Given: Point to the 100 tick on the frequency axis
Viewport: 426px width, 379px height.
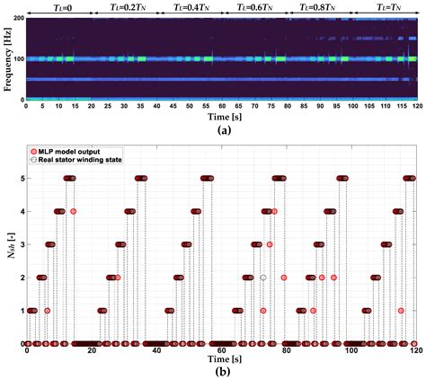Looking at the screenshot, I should click(17, 58).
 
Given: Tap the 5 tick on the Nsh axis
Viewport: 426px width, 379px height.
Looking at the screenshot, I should click(21, 178).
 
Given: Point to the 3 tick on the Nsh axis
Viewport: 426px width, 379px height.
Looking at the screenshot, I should click(21, 244).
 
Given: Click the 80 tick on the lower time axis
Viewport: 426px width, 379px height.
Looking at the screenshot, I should click(287, 350).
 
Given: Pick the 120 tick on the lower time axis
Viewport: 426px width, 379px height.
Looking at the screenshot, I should click(416, 350).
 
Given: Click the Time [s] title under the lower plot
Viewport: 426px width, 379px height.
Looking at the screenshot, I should click(222, 360).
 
